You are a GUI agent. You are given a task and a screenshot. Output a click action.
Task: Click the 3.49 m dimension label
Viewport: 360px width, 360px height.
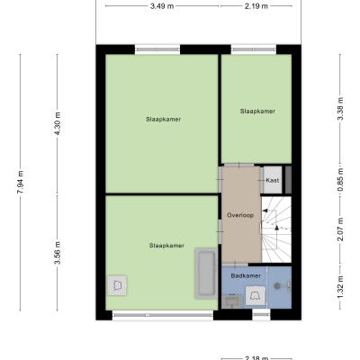162,6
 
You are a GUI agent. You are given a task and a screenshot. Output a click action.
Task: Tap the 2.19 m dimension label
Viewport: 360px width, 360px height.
256,6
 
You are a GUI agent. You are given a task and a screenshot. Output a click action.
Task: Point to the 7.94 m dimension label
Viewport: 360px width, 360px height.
21,182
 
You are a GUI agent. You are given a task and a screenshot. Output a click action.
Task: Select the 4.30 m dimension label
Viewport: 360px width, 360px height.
58,123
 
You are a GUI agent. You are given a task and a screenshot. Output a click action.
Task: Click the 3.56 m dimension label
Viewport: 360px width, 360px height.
58,253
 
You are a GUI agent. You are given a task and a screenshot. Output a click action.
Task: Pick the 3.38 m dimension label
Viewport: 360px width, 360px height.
340,109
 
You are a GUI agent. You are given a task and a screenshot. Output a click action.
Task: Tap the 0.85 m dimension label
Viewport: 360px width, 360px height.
340,179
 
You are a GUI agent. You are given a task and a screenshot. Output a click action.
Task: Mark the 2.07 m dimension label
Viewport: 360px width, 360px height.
340,229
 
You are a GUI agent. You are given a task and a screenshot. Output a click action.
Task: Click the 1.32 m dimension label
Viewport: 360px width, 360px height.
340,287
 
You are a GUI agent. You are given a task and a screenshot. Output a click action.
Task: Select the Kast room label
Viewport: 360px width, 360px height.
273,180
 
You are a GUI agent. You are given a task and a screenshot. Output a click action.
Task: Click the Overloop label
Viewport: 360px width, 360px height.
240,215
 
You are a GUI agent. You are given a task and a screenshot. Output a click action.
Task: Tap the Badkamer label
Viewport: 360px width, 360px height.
246,275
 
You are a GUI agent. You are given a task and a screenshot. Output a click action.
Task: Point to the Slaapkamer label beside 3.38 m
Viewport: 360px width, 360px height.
257,112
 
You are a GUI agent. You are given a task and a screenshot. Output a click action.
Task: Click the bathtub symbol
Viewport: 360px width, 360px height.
206,274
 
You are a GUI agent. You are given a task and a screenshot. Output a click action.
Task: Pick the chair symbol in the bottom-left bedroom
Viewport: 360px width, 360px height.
117,285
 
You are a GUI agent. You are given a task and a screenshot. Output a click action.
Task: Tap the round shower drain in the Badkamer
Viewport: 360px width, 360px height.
277,286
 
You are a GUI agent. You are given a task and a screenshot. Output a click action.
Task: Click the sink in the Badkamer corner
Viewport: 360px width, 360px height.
231,301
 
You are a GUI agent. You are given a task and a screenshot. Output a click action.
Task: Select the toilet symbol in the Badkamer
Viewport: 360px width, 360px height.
256,295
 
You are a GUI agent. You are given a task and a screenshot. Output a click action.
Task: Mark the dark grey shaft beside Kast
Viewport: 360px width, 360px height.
288,180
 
